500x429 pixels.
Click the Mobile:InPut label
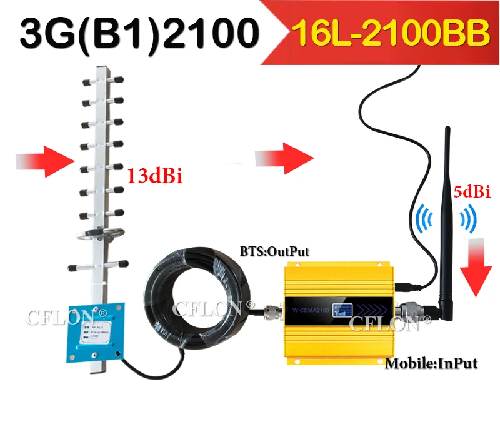(430, 363)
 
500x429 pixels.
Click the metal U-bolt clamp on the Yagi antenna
(91, 237)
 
